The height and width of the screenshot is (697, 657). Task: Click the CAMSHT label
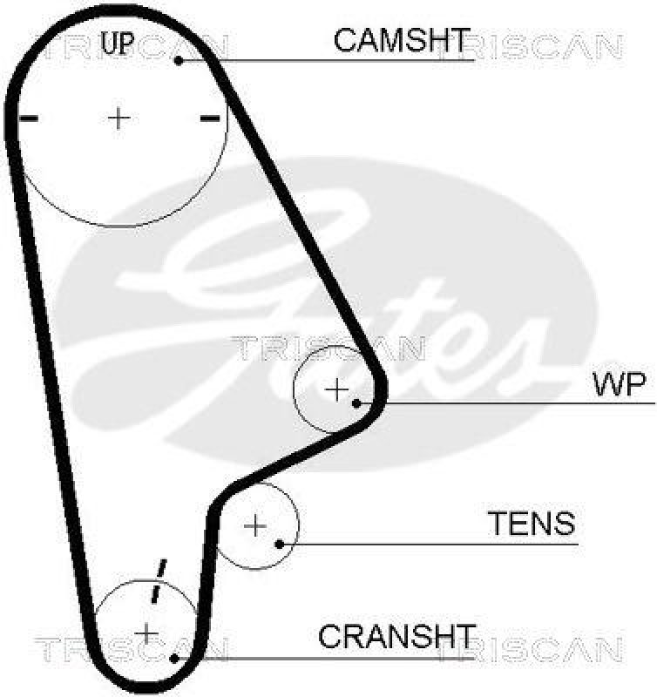(x=402, y=39)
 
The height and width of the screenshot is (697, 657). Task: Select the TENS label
(x=531, y=524)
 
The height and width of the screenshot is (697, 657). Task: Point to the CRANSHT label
(x=397, y=636)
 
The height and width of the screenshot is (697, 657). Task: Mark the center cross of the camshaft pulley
(x=119, y=117)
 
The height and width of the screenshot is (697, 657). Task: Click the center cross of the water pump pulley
(x=335, y=389)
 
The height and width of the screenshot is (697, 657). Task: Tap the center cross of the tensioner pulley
(x=255, y=525)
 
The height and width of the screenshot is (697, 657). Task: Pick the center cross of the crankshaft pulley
(x=146, y=632)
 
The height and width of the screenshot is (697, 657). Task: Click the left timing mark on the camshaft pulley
(x=28, y=118)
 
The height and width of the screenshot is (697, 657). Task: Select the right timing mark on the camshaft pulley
(x=209, y=118)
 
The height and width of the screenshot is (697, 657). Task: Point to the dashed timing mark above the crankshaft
(x=158, y=579)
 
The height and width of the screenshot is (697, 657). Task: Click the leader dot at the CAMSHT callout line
(x=179, y=60)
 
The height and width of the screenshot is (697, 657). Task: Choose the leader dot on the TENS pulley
(x=279, y=545)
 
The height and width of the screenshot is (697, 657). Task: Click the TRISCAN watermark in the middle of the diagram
(x=328, y=348)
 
